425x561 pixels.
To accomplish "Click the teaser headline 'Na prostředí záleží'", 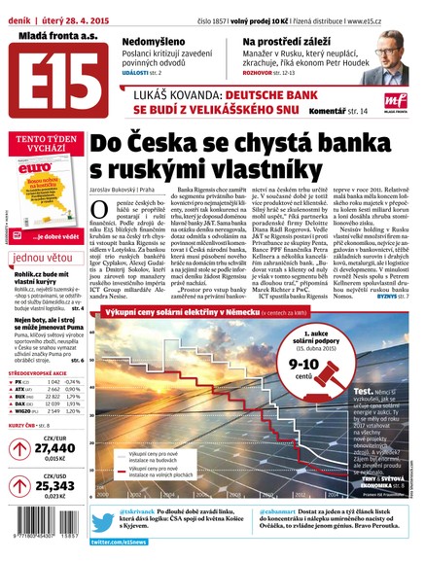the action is (x=286, y=43).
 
